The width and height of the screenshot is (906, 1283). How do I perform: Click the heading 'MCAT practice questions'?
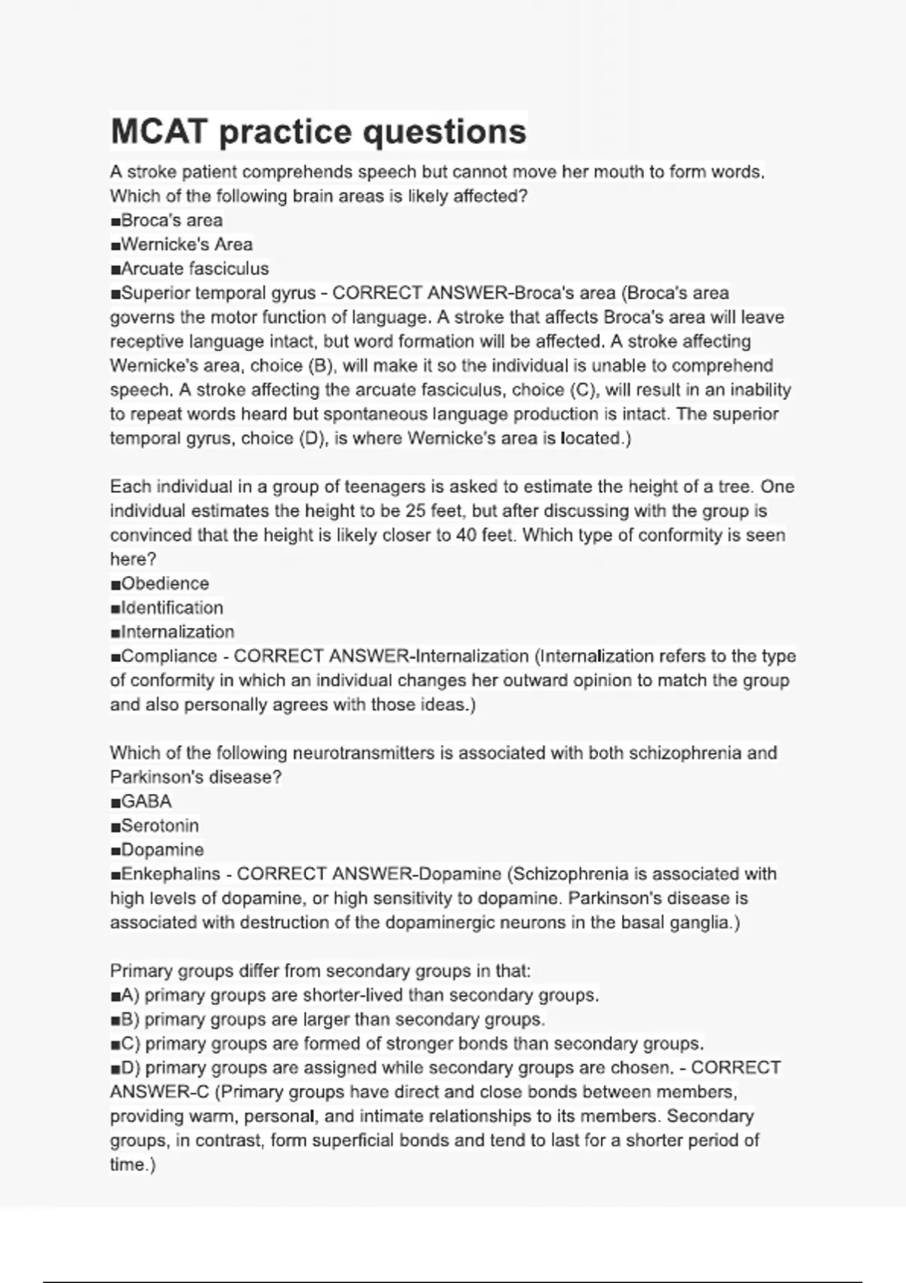318,131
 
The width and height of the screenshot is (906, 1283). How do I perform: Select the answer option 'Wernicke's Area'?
186,245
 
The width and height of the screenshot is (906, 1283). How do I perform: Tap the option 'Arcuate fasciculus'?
194,269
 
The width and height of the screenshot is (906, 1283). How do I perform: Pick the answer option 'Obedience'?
165,583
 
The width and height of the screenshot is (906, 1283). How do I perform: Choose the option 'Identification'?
171,608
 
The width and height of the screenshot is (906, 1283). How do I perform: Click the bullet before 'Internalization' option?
116,632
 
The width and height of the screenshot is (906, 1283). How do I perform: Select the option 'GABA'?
146,801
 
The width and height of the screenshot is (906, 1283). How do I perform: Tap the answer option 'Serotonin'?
159,826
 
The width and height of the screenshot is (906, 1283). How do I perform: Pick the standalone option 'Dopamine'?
162,850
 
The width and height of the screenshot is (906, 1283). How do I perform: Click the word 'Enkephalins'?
171,874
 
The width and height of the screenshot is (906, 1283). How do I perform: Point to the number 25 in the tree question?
416,511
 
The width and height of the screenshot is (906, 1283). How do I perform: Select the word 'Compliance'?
169,656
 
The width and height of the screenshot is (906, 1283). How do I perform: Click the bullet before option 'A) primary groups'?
116,995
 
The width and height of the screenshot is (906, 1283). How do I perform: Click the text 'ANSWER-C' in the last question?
159,1092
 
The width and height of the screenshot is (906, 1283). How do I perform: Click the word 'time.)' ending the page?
133,1165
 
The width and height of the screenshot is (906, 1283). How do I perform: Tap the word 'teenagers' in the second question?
384,487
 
